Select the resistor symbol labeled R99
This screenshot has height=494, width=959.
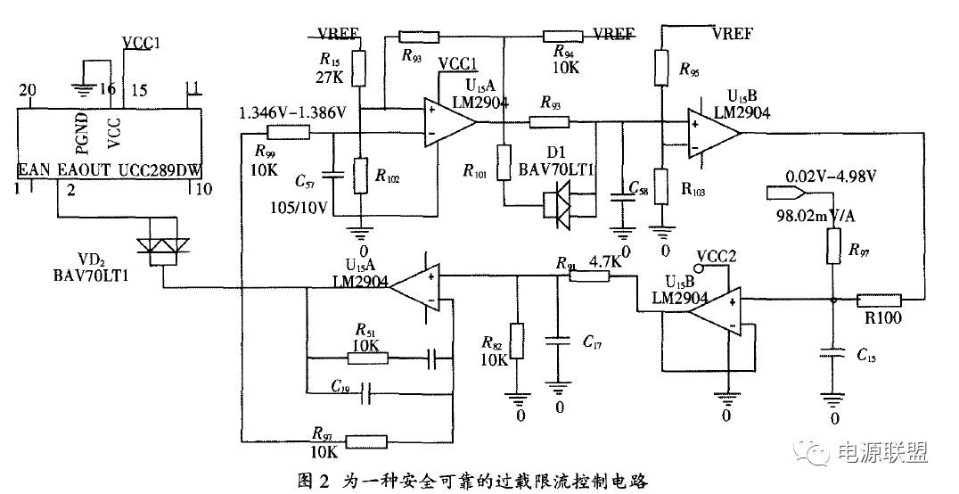(289, 134)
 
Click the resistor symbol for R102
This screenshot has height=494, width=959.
(361, 176)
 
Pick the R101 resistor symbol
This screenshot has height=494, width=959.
(504, 162)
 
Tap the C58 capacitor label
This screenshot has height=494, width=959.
(638, 189)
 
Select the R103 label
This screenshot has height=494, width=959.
(698, 190)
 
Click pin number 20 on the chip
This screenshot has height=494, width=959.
(27, 89)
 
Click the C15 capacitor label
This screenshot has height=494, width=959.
(865, 357)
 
